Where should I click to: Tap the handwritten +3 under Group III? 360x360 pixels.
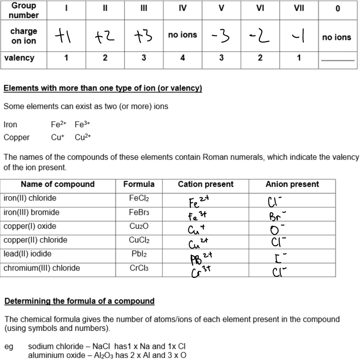[x=143, y=36]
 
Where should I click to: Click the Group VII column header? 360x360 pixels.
[x=299, y=8]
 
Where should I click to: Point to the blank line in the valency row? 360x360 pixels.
[x=338, y=60]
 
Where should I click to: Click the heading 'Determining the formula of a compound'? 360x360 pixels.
[x=79, y=301]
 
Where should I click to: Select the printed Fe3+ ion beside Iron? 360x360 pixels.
[x=83, y=124]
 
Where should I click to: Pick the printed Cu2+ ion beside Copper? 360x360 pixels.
[x=83, y=137]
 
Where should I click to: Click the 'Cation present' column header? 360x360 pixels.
[x=206, y=184]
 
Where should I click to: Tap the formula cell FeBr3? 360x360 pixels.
[x=139, y=212]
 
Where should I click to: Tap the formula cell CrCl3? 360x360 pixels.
[x=139, y=268]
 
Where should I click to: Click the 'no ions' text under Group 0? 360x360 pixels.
[x=336, y=37]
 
